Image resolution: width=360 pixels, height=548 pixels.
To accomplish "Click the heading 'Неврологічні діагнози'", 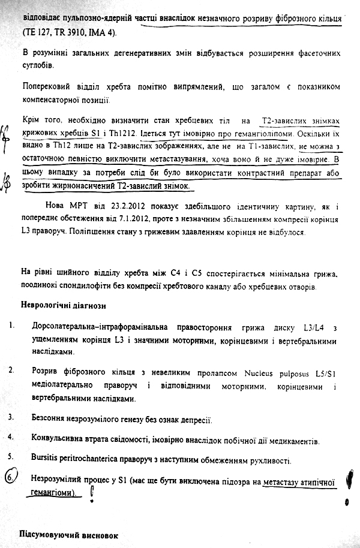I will click(64, 307).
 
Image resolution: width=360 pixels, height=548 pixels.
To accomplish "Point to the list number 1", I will click(11, 327).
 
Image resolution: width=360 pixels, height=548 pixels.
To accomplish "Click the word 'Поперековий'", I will click(49, 88).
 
